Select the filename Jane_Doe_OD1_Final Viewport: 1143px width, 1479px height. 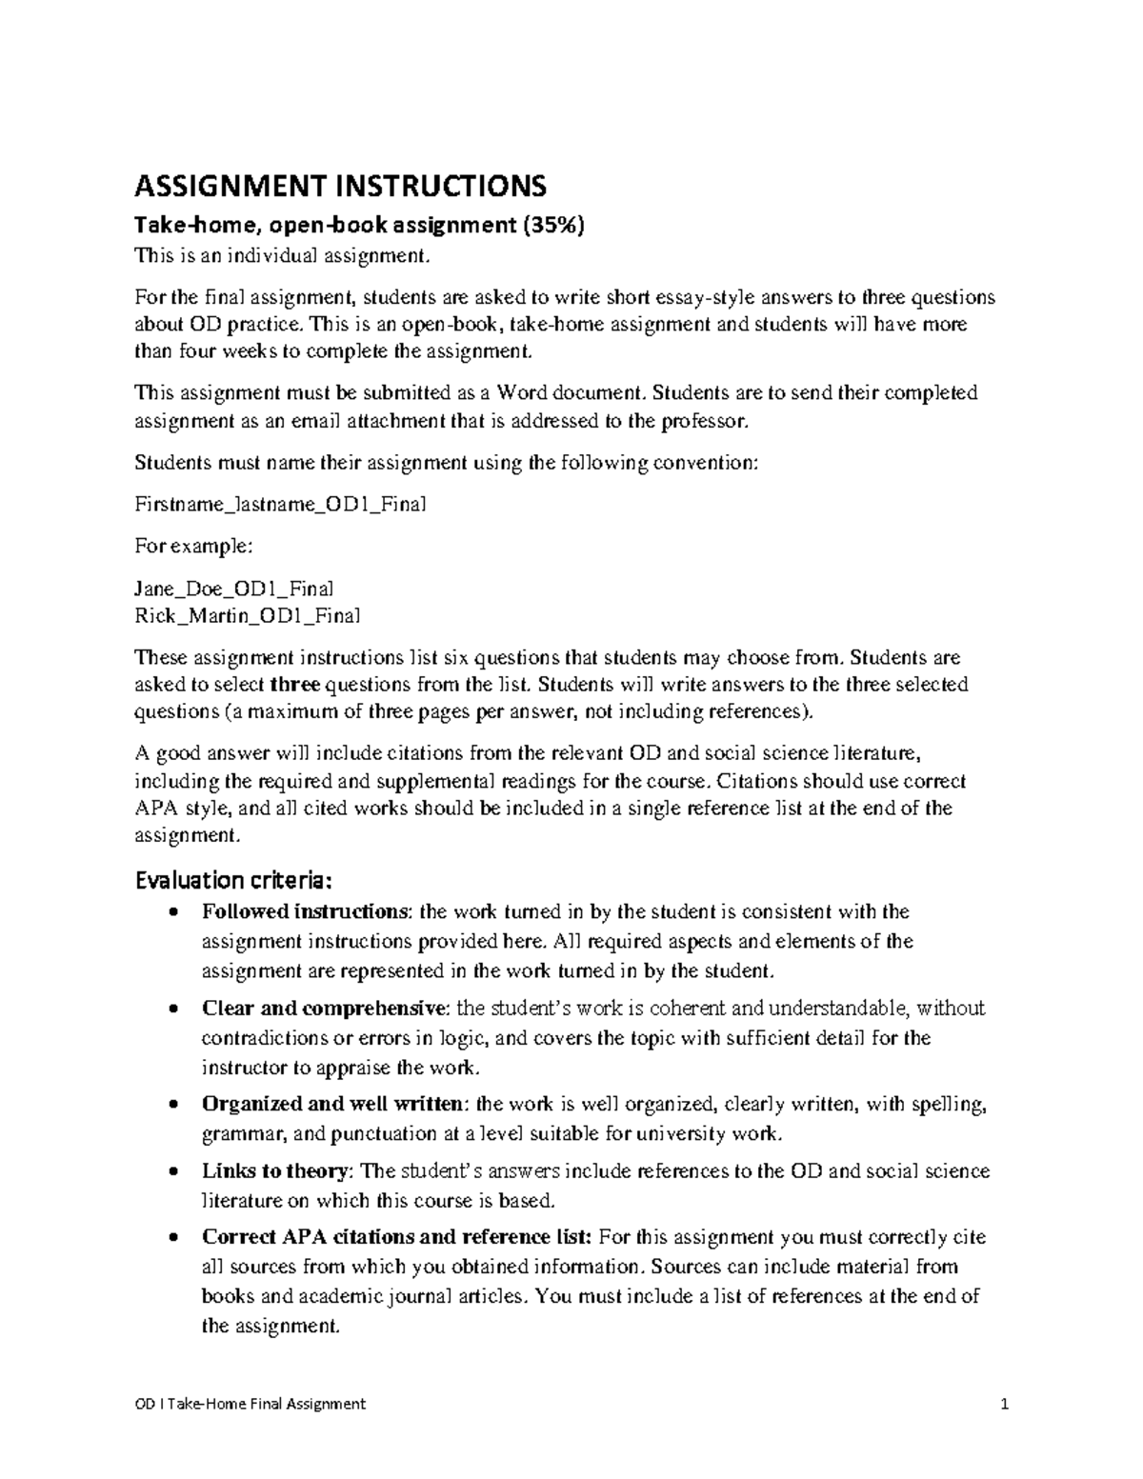coord(233,589)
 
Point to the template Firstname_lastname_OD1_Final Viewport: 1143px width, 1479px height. coord(280,505)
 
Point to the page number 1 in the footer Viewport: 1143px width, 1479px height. coord(1004,1404)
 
